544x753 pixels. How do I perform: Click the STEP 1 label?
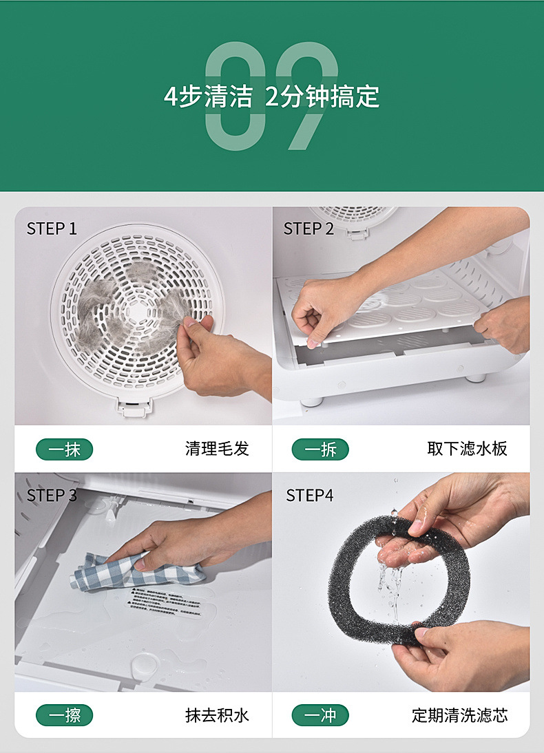tap(52, 229)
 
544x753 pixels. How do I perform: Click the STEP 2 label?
tap(308, 229)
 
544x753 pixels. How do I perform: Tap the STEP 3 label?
tap(52, 495)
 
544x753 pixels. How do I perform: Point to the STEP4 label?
tap(309, 495)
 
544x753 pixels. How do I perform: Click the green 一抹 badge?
tap(64, 449)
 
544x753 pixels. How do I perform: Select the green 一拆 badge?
tap(320, 449)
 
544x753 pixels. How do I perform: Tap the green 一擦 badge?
tap(64, 715)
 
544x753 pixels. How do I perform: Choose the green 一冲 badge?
tap(320, 715)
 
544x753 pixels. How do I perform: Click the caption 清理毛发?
tap(217, 449)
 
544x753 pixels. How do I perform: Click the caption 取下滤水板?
tap(467, 449)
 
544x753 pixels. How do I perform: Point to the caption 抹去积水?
tap(217, 715)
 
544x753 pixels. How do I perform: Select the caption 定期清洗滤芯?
tap(460, 715)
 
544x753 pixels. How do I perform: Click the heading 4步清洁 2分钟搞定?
tap(271, 96)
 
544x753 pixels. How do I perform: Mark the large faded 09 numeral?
tap(271, 96)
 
